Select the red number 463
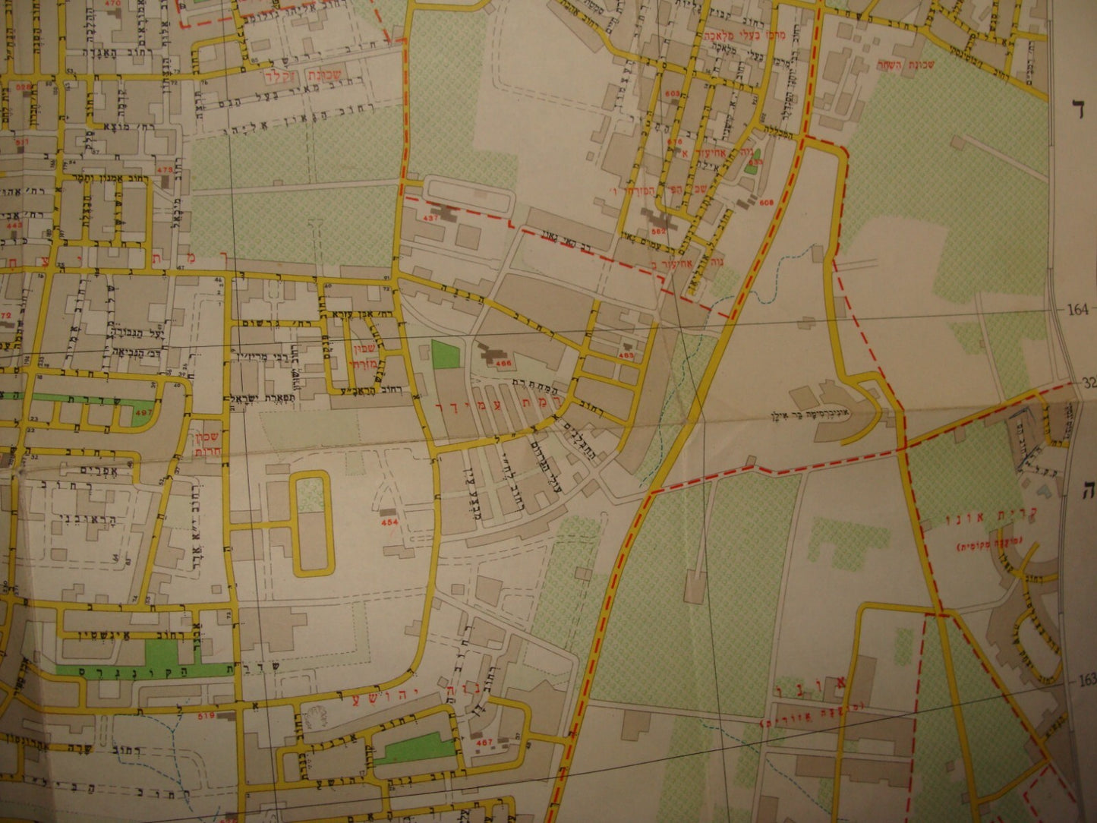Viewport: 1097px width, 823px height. [x=626, y=354]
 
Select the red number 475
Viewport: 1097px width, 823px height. [x=164, y=169]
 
